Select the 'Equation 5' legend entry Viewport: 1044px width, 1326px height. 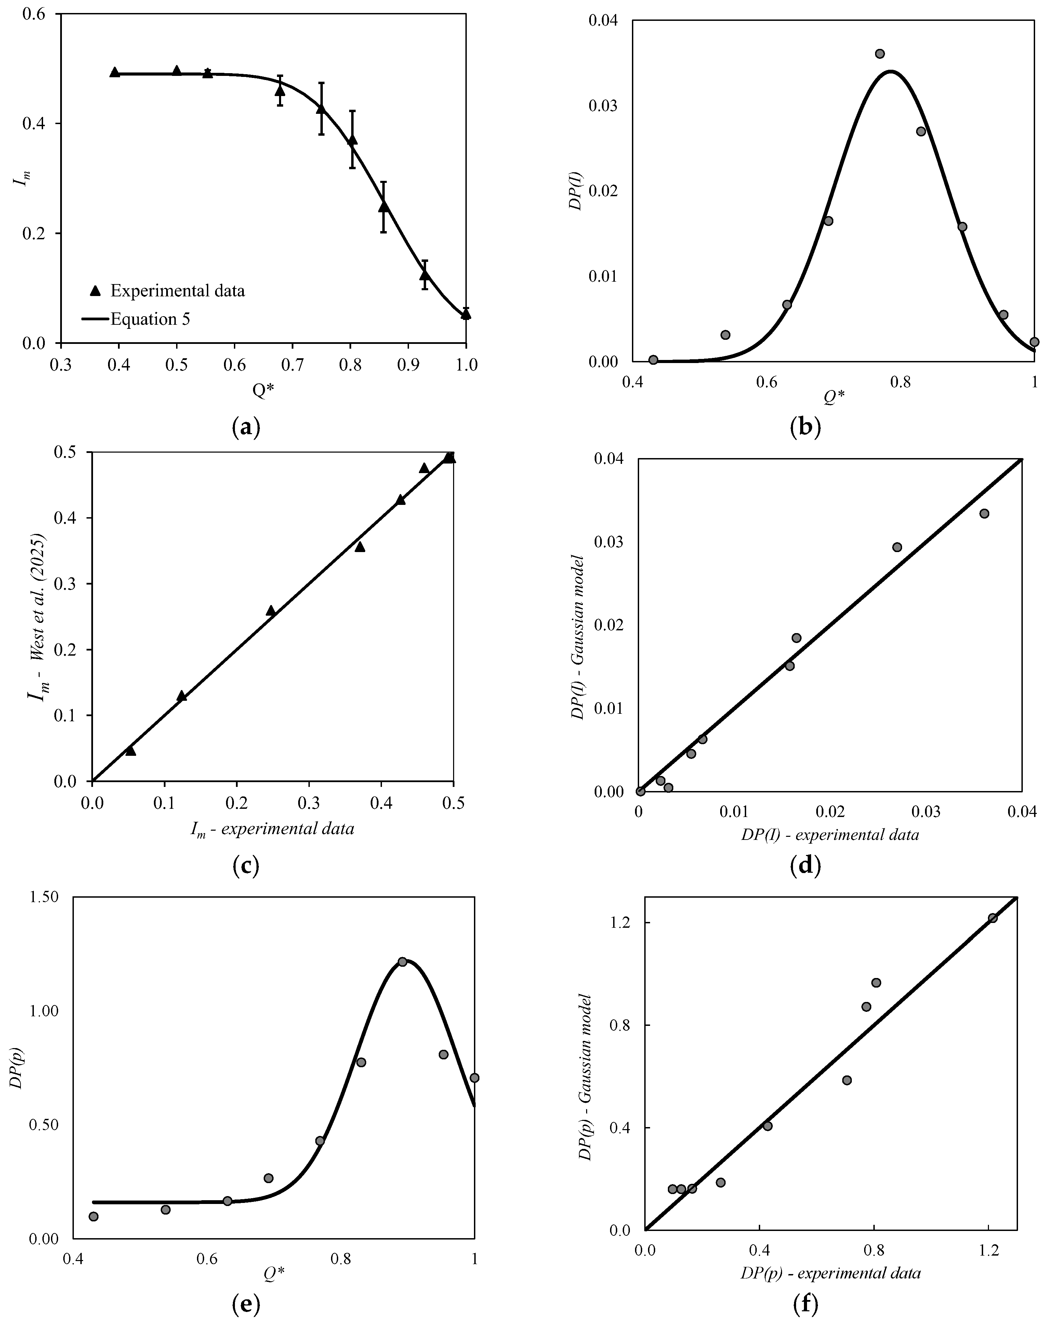(x=150, y=319)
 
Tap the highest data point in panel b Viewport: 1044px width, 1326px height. (x=880, y=54)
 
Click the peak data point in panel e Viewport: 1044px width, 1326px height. (x=402, y=961)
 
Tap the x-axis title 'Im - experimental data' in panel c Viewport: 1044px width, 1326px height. (x=272, y=829)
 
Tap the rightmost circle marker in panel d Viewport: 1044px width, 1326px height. (x=984, y=513)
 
